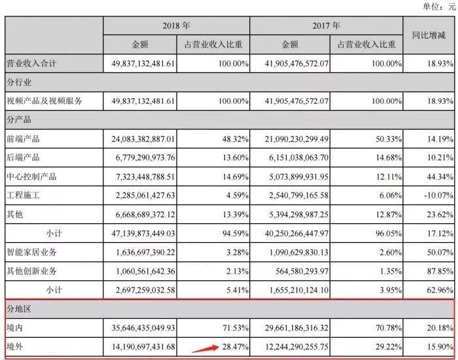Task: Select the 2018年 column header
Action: (x=176, y=26)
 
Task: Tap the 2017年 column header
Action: (x=326, y=26)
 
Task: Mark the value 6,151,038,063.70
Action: (x=291, y=158)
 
